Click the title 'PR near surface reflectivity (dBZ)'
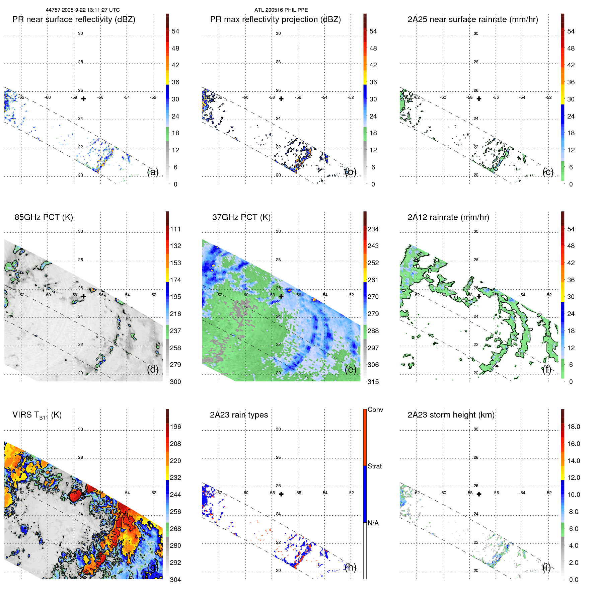click(x=74, y=19)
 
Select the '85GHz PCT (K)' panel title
click(x=44, y=217)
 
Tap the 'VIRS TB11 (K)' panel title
click(x=37, y=415)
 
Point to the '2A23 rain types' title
click(x=239, y=415)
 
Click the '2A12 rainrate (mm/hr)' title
click(x=448, y=217)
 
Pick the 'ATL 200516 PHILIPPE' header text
click(x=281, y=10)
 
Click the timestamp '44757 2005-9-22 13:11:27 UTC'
click(x=83, y=10)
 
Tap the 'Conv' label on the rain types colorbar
click(x=375, y=410)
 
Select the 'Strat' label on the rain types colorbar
click(x=374, y=466)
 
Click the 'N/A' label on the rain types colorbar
click(x=373, y=523)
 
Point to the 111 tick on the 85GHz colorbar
click(x=175, y=229)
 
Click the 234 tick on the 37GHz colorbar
click(x=373, y=229)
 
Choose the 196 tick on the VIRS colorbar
click(x=175, y=427)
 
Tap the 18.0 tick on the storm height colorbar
click(x=573, y=427)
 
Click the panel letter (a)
click(x=153, y=172)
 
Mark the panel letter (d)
click(x=153, y=369)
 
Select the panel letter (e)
click(x=350, y=369)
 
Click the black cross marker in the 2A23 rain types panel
click(x=281, y=494)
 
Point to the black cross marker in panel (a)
click(x=83, y=99)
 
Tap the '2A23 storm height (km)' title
click(x=451, y=415)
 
